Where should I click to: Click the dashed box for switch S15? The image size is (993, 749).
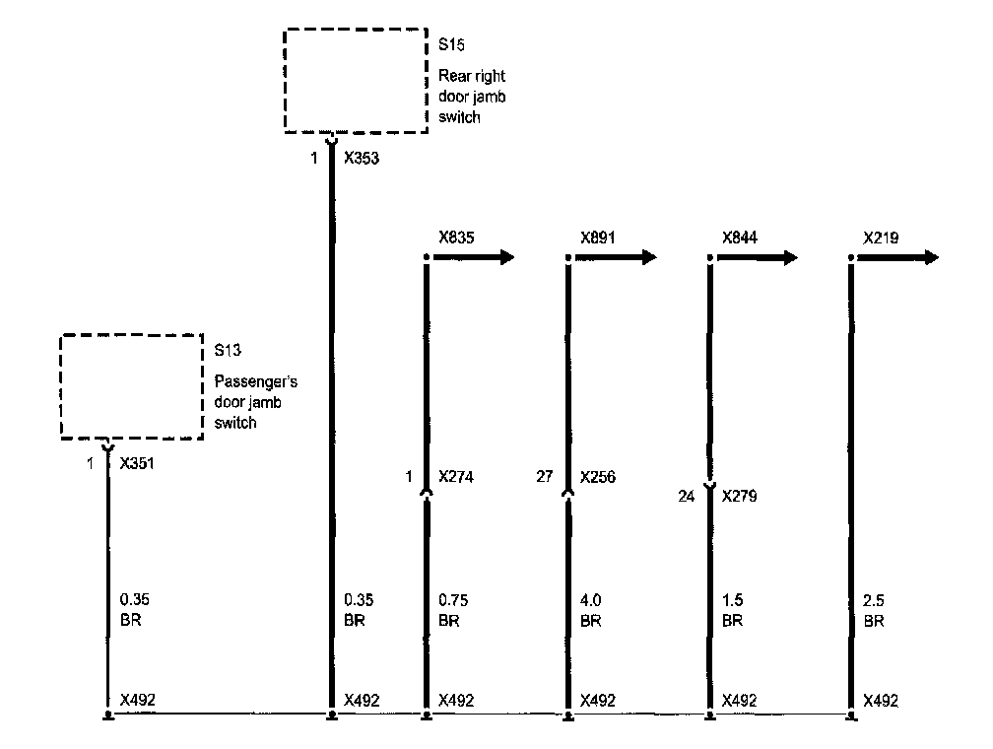[356, 79]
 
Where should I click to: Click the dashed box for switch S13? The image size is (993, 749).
[131, 385]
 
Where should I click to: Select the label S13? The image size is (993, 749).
[228, 349]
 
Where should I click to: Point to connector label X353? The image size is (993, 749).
[361, 156]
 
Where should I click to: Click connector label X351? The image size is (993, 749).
[136, 461]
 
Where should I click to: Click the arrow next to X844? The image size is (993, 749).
[757, 257]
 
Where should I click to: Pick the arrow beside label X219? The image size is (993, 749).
[898, 257]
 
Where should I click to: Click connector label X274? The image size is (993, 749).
[456, 478]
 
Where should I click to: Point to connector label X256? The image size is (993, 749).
[598, 478]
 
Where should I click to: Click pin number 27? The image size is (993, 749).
[544, 478]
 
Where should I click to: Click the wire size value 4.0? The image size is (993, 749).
[591, 599]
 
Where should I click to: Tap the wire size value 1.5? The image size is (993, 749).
[733, 599]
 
